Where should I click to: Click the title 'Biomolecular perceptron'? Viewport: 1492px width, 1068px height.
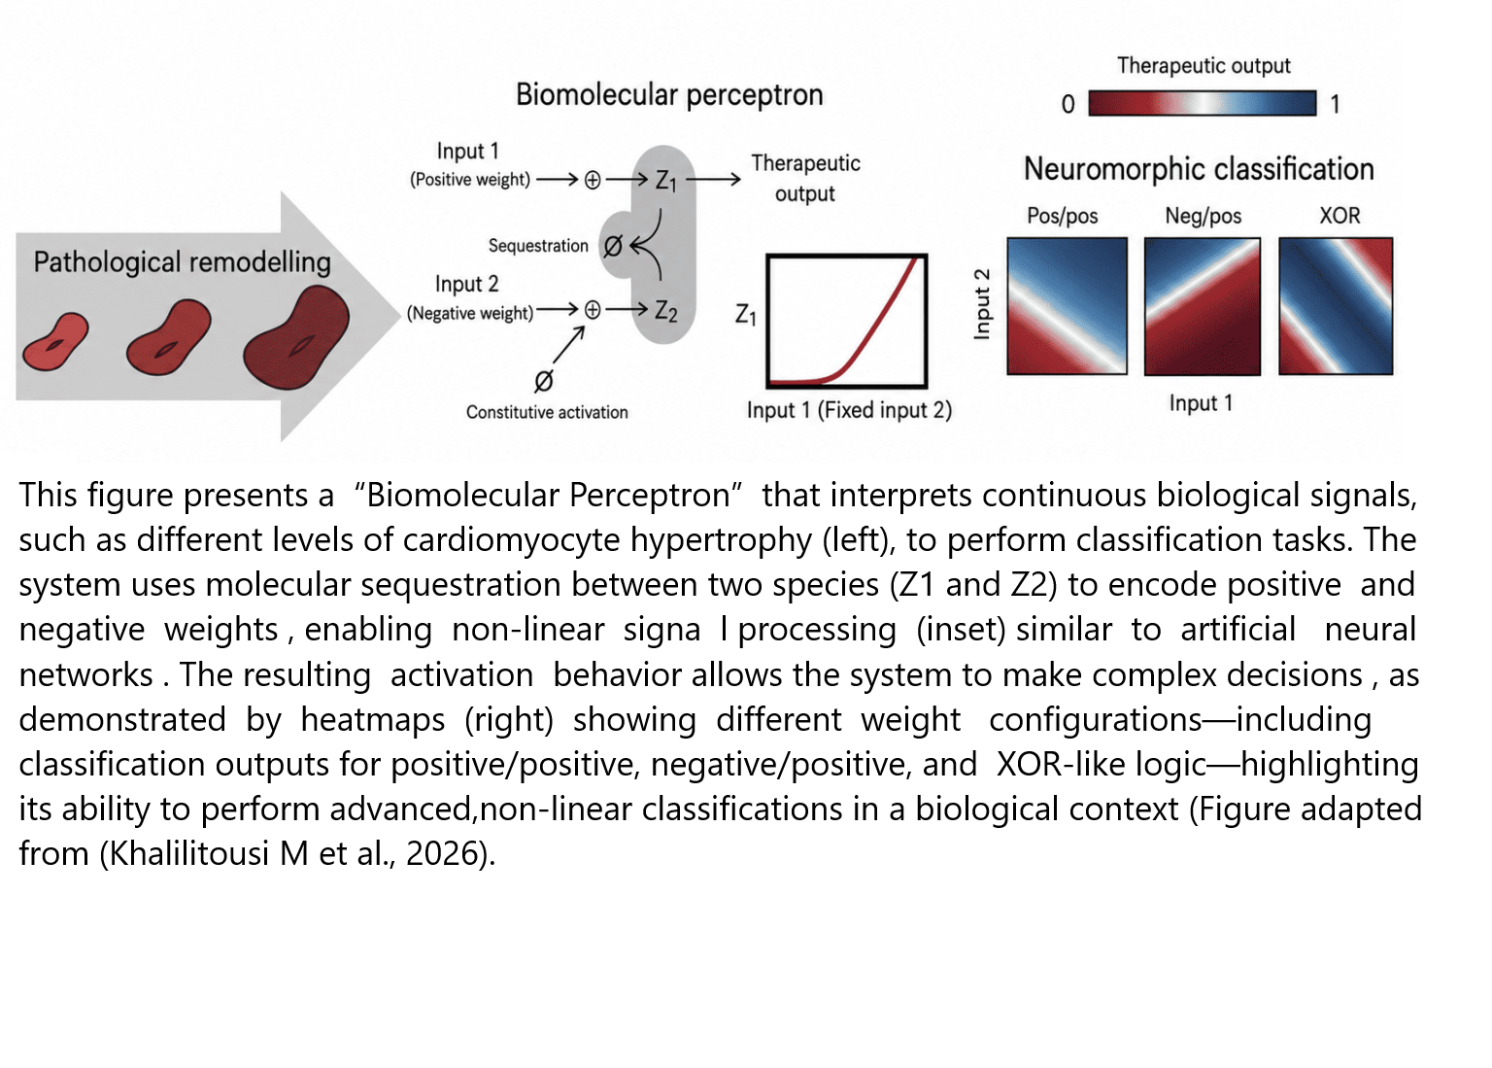669,94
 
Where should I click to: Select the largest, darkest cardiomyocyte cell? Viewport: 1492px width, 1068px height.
295,338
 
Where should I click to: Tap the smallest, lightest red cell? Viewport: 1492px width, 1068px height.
55,342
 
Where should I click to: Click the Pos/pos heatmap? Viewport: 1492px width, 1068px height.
1068,306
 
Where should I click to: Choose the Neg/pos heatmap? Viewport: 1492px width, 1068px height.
1203,306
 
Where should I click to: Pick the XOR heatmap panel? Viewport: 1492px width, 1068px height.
1336,306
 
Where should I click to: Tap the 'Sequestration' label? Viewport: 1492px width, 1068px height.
538,246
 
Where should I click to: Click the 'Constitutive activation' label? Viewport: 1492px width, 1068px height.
547,412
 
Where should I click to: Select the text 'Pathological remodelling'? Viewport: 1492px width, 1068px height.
182,262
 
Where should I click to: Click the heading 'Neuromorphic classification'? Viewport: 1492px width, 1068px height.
1199,168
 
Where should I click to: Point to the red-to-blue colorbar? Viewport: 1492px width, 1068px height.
1203,103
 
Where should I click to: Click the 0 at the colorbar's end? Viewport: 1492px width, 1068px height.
1068,104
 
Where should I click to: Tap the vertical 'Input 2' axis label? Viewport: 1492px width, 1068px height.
982,304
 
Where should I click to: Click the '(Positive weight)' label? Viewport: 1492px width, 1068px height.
470,179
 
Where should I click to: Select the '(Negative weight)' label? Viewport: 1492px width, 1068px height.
470,313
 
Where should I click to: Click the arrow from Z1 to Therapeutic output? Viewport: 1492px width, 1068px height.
713,179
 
